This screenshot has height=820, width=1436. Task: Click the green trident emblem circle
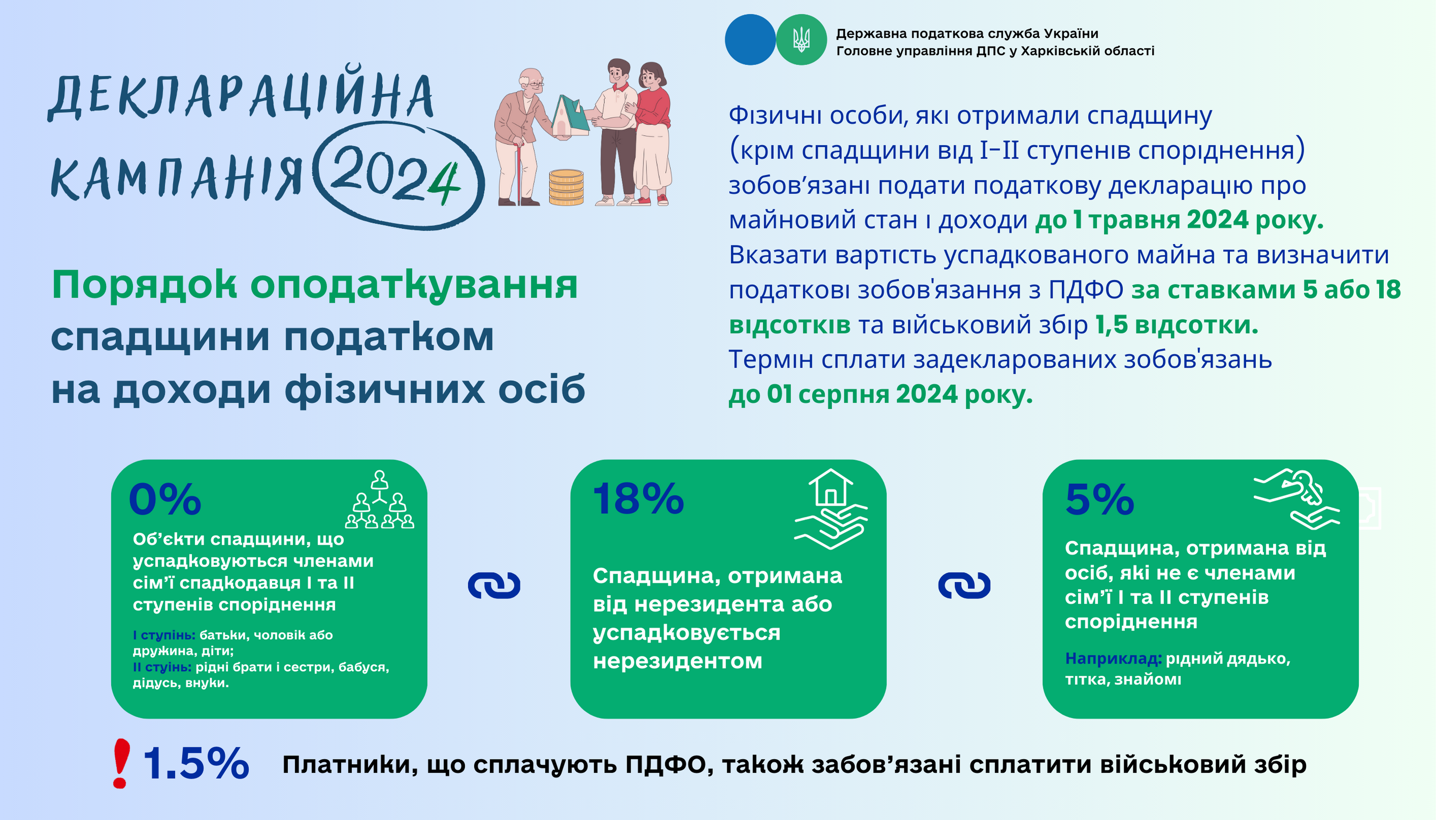(801, 40)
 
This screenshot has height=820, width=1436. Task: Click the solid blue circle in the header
(750, 40)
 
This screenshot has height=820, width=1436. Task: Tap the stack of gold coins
(566, 187)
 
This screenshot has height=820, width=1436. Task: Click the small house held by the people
(570, 117)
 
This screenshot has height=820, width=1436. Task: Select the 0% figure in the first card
(165, 499)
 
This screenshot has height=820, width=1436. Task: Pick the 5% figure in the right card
(1099, 499)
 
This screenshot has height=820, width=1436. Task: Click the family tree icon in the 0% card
(379, 500)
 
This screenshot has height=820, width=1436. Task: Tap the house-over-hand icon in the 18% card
(831, 509)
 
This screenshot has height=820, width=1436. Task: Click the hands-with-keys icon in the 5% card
(1296, 499)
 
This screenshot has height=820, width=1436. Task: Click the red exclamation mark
(121, 763)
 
